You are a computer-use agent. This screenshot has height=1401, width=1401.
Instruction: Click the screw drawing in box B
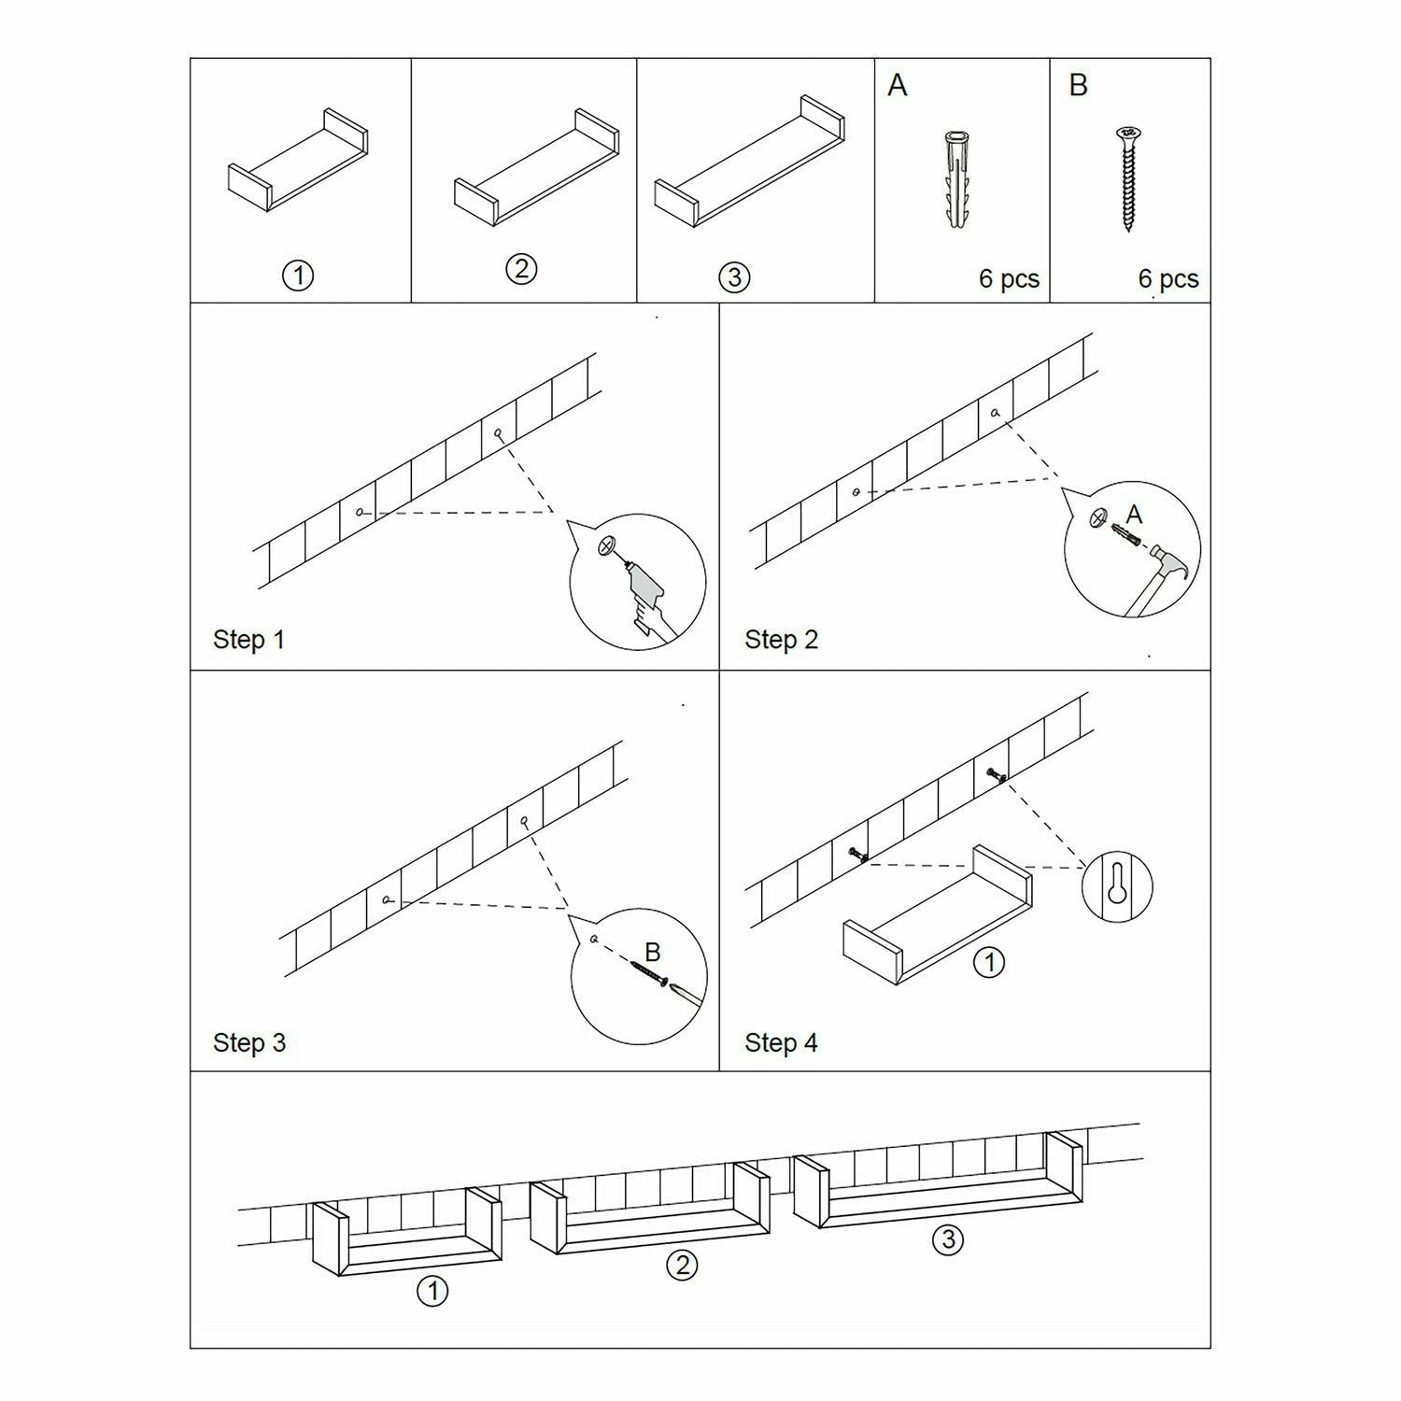[x=1127, y=179]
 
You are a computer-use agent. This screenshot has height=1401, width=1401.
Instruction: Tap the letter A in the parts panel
[x=897, y=86]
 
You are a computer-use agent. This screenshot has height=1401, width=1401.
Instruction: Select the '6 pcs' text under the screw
[x=1167, y=279]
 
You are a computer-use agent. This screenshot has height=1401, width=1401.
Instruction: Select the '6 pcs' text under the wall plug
[x=1009, y=279]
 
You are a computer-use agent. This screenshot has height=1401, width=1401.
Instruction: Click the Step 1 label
[x=248, y=640]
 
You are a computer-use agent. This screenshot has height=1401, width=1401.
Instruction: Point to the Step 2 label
[x=781, y=640]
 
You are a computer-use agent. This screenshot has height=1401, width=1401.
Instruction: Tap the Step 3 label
[x=249, y=1042]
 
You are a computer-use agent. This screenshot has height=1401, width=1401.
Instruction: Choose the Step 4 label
[x=781, y=1042]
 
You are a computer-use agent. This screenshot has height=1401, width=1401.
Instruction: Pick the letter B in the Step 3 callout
[x=653, y=952]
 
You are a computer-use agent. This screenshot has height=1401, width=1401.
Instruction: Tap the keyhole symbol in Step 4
[x=1117, y=884]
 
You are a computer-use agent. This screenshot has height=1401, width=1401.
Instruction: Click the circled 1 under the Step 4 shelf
[x=989, y=961]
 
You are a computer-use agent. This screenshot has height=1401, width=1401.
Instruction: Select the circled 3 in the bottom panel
[x=948, y=1239]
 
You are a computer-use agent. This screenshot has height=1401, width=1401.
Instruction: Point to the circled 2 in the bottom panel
[x=682, y=1265]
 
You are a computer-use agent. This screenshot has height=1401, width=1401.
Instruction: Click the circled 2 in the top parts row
[x=521, y=269]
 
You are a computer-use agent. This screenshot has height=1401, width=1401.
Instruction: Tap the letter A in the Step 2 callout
[x=1134, y=515]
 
